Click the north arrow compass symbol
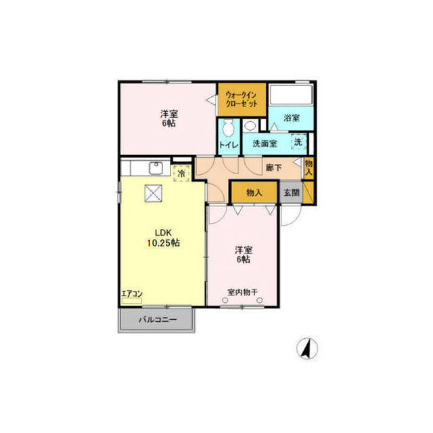tap(306, 348)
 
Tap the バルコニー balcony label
tap(158, 320)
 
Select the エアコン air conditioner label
tap(132, 293)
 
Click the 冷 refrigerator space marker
tap(182, 173)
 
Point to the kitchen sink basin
tap(156, 168)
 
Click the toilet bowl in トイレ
tap(228, 128)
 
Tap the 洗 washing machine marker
tap(298, 142)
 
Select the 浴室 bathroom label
tap(292, 118)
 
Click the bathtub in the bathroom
tap(291, 95)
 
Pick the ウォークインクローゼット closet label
tap(242, 99)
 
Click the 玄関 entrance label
tap(292, 192)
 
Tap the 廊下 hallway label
tap(273, 167)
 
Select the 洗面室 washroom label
tap(265, 144)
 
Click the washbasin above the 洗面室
tap(250, 126)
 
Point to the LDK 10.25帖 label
tap(164, 238)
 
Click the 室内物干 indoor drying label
tap(242, 292)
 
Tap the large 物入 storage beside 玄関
tap(254, 192)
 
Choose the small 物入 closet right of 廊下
tap(309, 168)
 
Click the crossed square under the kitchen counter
tap(154, 193)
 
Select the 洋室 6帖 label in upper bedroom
tap(169, 119)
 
